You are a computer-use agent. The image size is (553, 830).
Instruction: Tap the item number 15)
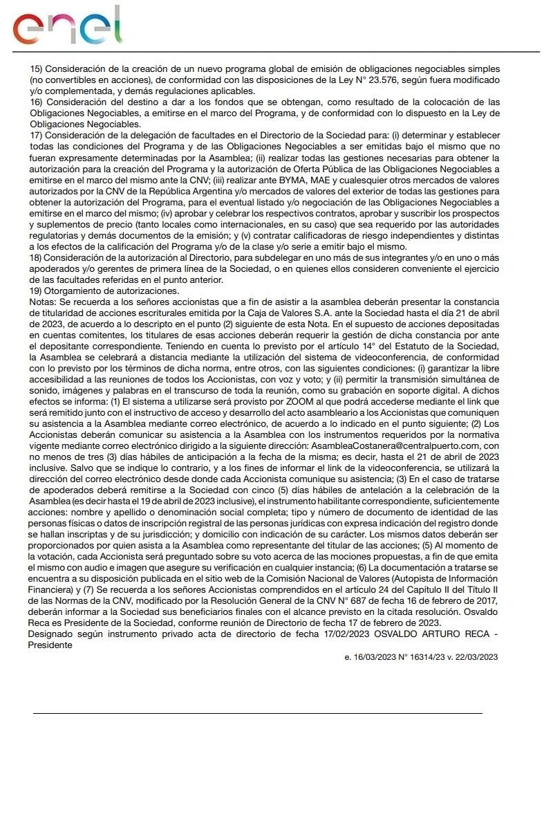pyautogui.click(x=36, y=71)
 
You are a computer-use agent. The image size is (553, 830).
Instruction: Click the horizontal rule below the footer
pyautogui.click(x=257, y=712)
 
